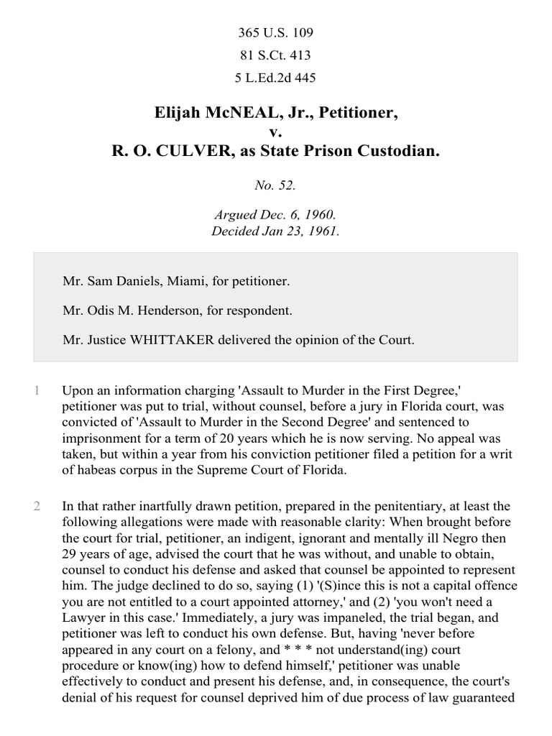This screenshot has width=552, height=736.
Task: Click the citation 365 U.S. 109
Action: click(x=276, y=33)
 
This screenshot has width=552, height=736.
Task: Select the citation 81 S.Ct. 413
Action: click(x=276, y=55)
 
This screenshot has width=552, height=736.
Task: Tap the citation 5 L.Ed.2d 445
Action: click(x=276, y=77)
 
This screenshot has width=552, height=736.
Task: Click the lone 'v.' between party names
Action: click(x=275, y=133)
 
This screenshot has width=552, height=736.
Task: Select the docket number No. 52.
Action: click(x=275, y=185)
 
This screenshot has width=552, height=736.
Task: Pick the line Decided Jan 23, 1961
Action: click(x=275, y=231)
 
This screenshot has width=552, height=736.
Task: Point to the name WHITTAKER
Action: click(x=163, y=340)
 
